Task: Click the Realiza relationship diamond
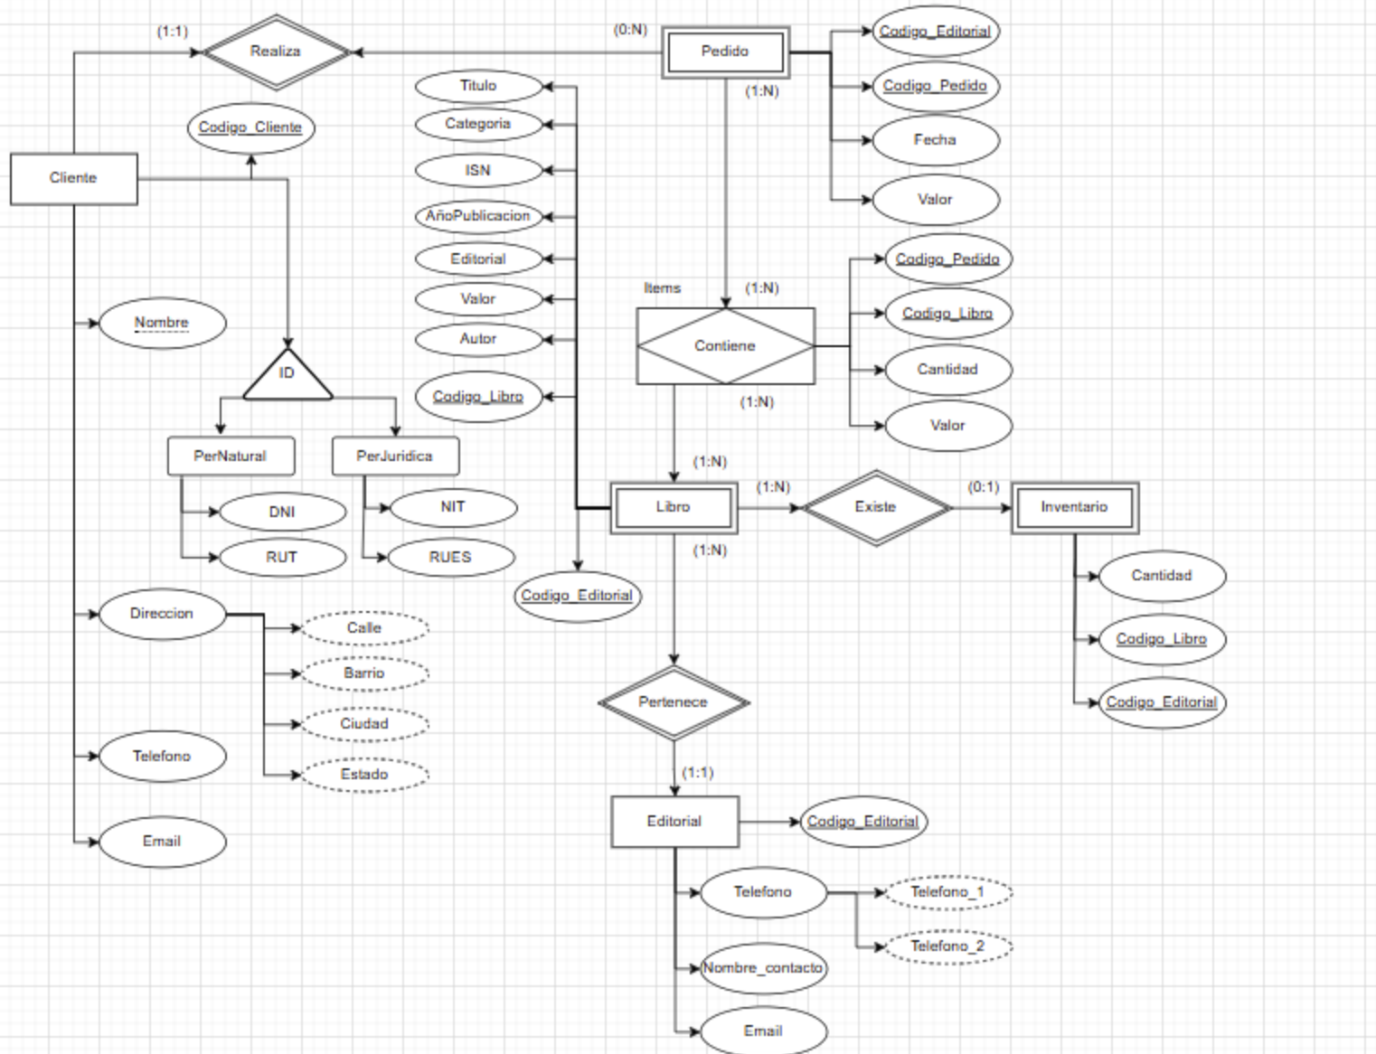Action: click(x=276, y=52)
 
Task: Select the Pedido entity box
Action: click(x=725, y=52)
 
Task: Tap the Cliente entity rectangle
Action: click(x=73, y=178)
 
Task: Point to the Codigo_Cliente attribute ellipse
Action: click(x=250, y=127)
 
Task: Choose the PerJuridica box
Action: click(x=395, y=456)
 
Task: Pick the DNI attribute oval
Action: click(x=282, y=512)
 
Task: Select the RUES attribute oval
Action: click(x=450, y=557)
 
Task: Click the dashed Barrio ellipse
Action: click(x=364, y=673)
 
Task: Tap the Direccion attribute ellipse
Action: click(x=162, y=614)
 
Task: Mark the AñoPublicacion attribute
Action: click(x=478, y=216)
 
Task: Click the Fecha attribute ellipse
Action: click(x=935, y=140)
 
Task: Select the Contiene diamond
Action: click(x=725, y=346)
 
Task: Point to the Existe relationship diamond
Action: click(x=875, y=507)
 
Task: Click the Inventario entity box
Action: click(x=1074, y=507)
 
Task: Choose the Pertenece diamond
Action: click(x=674, y=702)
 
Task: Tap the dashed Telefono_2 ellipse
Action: click(x=947, y=946)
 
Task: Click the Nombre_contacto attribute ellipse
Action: click(x=763, y=968)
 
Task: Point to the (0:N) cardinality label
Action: click(x=630, y=30)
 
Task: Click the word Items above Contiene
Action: click(x=662, y=288)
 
